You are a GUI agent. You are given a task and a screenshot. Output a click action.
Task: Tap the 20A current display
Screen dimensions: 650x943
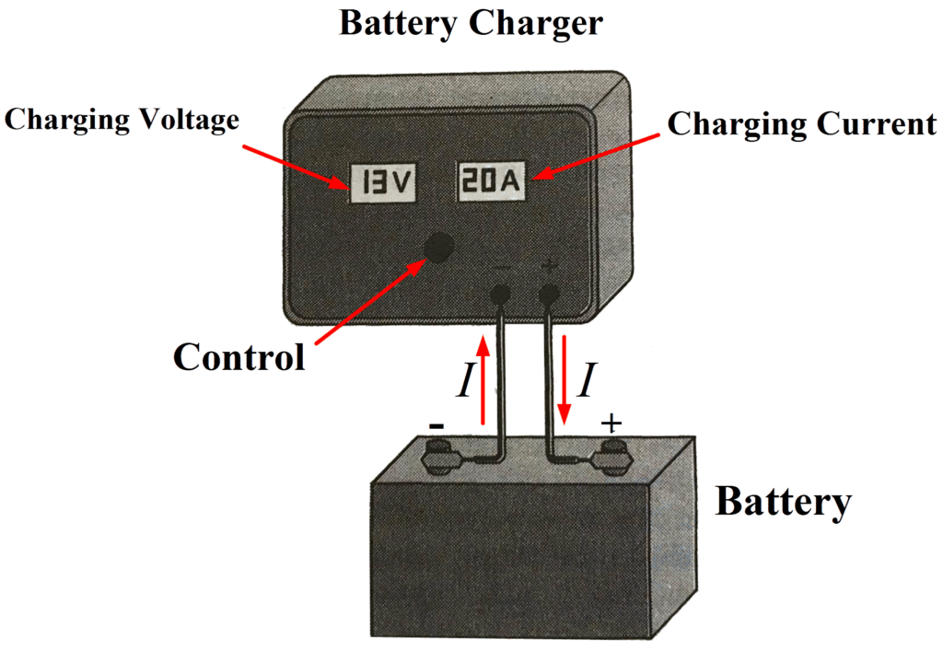tap(491, 183)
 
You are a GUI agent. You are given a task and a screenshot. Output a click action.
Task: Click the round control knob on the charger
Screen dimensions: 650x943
tap(438, 246)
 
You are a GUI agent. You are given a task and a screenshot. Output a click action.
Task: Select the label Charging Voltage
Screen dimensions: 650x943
tap(122, 120)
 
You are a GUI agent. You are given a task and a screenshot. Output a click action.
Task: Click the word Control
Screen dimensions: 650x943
tap(239, 356)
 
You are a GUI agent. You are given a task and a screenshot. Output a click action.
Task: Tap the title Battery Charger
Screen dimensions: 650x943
tap(471, 23)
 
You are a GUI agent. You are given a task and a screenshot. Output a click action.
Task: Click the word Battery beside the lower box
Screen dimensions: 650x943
tap(783, 502)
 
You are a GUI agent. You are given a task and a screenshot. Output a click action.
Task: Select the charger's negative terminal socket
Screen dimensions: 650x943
tap(500, 295)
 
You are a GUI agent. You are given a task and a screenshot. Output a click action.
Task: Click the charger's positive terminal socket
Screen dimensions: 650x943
tap(550, 295)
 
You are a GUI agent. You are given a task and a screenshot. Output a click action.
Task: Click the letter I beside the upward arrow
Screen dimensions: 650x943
tap(464, 380)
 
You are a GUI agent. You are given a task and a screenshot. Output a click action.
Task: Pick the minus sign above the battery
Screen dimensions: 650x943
tap(437, 425)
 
